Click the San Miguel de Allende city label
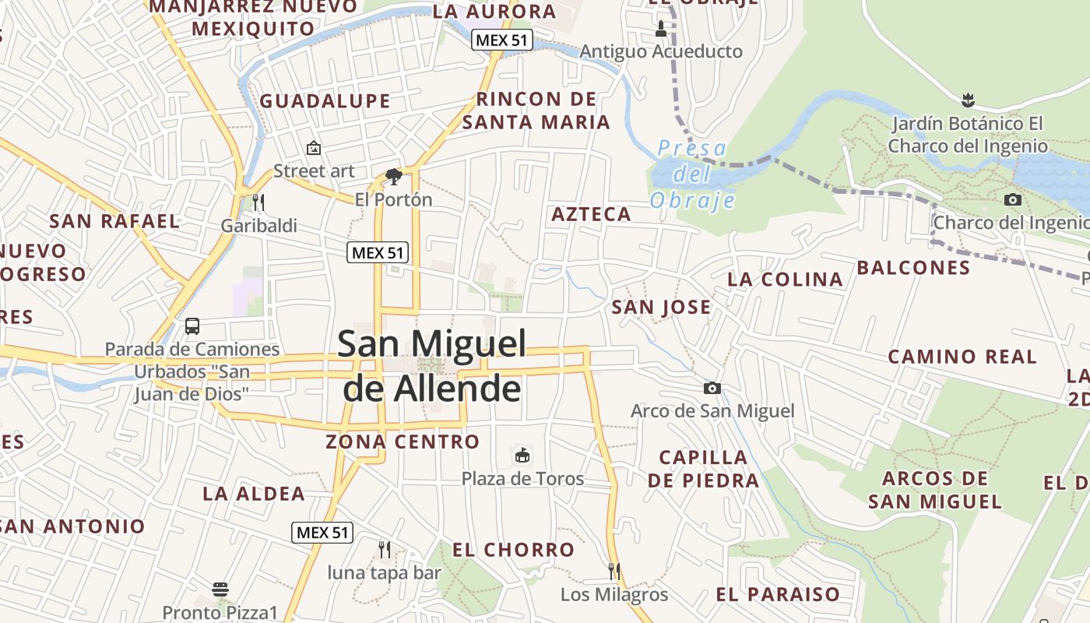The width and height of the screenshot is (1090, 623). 431,366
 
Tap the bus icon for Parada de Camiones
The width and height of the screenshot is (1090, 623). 192,326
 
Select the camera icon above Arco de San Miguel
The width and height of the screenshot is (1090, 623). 712,388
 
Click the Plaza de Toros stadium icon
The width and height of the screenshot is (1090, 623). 522,455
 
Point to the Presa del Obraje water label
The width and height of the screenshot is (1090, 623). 692,174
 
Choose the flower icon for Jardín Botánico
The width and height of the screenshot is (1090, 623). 968,100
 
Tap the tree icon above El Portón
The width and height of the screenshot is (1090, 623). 393,177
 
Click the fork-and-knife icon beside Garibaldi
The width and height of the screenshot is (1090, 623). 258,202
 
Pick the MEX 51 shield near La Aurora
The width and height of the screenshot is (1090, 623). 501,40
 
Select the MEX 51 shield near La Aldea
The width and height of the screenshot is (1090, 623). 322,533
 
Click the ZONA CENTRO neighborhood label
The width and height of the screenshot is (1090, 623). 403,442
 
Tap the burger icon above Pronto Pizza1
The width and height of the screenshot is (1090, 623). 220,590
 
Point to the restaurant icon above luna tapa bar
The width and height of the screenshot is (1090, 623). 384,549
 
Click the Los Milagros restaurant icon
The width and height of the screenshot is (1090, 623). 614,572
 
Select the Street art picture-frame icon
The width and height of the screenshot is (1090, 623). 314,147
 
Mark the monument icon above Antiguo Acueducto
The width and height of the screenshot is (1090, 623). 661,30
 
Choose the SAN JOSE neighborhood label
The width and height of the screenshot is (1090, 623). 661,308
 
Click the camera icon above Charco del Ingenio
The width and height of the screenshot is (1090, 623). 1012,200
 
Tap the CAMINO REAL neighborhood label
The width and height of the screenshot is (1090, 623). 962,357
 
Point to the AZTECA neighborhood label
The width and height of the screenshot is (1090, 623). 591,215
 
